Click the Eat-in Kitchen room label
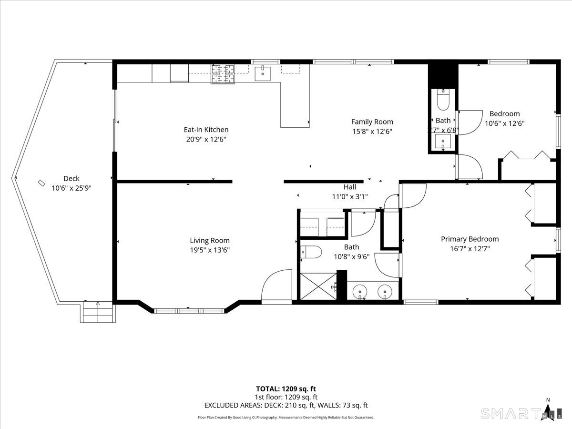click(x=206, y=130)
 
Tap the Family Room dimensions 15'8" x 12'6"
click(x=372, y=132)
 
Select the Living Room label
click(x=210, y=241)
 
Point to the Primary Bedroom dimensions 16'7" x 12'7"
click(x=470, y=248)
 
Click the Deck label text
click(x=71, y=179)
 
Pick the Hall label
click(x=349, y=187)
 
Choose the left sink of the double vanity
click(x=361, y=290)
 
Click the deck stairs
click(x=98, y=313)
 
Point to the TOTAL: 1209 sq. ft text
click(x=286, y=388)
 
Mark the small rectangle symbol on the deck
click(x=41, y=183)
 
